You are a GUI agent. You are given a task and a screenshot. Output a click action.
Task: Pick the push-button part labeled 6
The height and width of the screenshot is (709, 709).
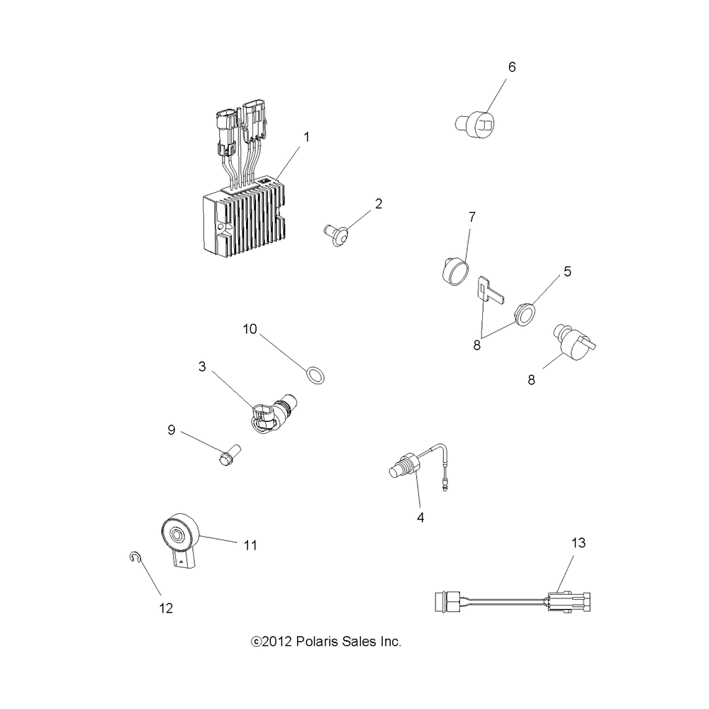coord(474,126)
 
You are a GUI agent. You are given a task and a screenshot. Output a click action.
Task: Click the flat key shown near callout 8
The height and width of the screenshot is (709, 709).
coord(489,291)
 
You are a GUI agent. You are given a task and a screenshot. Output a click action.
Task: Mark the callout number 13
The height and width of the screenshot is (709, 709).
coord(579,544)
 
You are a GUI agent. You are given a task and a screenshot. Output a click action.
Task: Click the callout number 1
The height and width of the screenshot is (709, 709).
coord(307,137)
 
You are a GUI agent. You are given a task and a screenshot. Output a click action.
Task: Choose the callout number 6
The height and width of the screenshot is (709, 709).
coord(512,67)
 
